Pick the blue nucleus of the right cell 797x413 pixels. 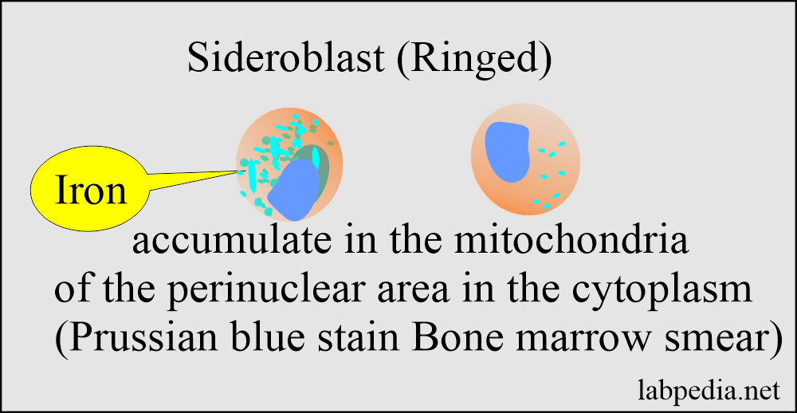(507, 151)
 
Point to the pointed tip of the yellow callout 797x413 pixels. (238, 169)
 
